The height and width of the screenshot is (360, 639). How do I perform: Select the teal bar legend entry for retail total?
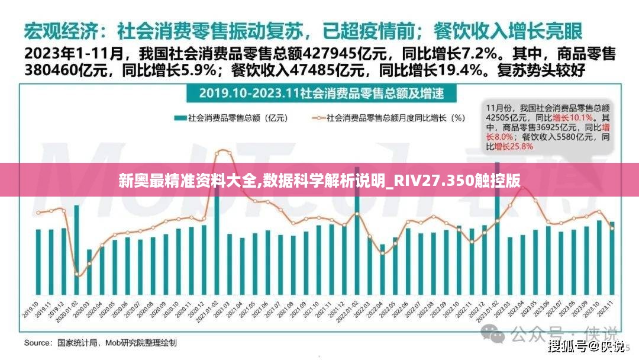[231, 118]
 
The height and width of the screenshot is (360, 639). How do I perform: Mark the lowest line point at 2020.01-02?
[77, 275]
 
